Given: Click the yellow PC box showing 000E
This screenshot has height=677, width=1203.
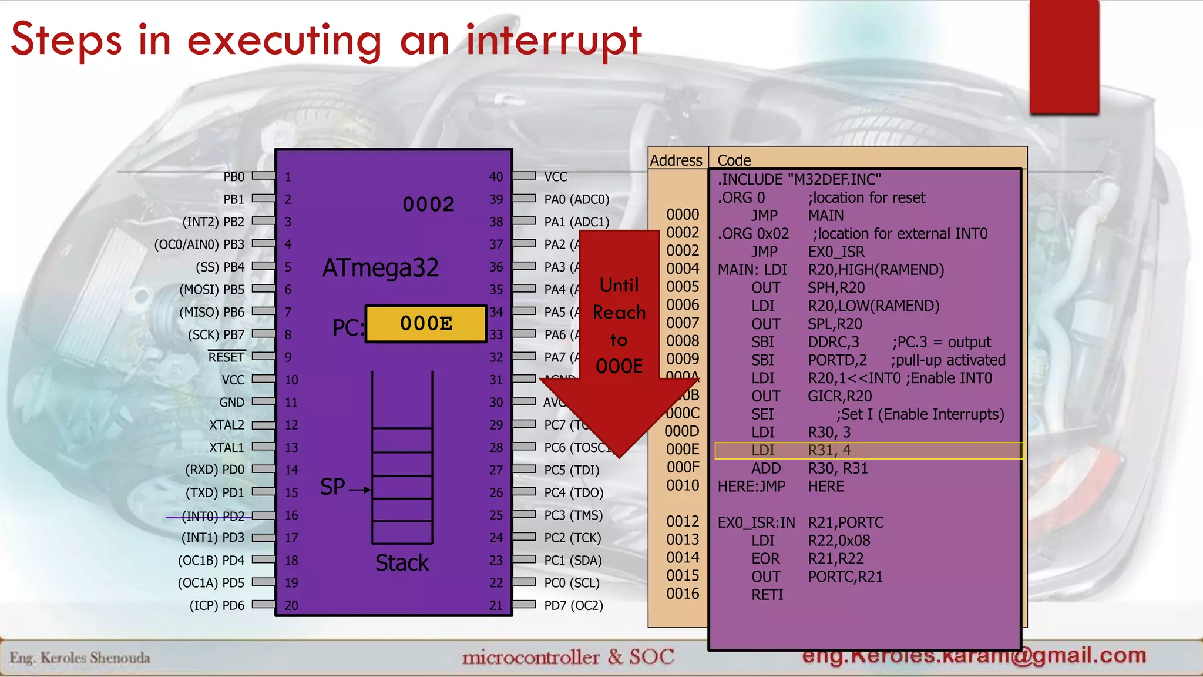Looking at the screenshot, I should point(426,324).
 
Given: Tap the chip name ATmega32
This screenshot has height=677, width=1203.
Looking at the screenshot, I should point(381,269).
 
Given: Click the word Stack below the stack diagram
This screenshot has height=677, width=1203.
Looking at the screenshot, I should point(402,563).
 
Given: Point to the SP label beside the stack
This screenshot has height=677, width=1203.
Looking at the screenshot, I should point(332,487).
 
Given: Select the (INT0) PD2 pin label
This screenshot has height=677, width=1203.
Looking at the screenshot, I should point(213,516).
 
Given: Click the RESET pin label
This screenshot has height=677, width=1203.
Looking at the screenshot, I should point(226,357).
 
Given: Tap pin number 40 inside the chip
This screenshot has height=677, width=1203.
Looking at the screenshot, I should point(496,177).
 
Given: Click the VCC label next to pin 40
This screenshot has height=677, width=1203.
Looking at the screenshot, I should point(555,177).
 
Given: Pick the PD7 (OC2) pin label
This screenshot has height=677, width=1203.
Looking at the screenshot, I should point(573,605).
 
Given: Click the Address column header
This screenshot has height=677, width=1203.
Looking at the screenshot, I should point(676,160).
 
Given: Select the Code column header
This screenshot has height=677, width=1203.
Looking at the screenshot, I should point(734,160).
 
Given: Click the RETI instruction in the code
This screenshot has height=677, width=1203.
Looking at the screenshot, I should point(767,595).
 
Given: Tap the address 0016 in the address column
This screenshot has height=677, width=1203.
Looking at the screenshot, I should point(683,594).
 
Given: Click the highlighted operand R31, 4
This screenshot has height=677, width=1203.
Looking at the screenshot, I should point(829,451).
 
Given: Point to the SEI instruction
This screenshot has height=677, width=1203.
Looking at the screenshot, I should point(762,414).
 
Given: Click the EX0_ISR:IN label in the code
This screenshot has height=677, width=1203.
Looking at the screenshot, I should point(756,522).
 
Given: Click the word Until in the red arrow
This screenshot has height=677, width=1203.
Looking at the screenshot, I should point(619,286).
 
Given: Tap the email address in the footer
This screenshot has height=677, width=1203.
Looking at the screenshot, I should point(974,656).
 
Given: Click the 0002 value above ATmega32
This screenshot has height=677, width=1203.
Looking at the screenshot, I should point(428,205).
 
